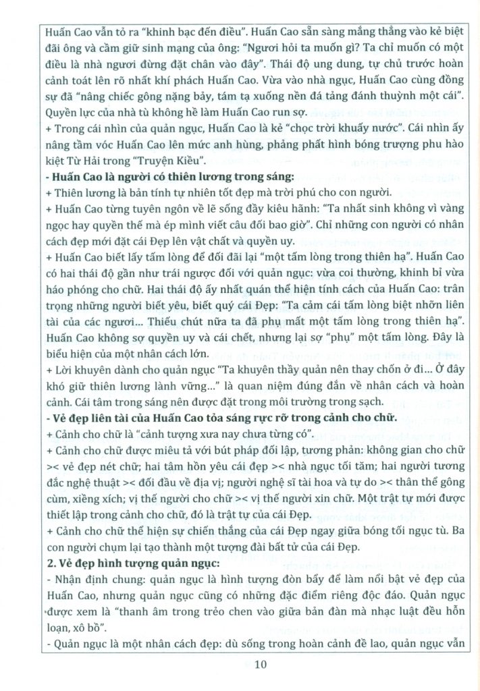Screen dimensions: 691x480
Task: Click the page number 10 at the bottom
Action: [261, 665]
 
